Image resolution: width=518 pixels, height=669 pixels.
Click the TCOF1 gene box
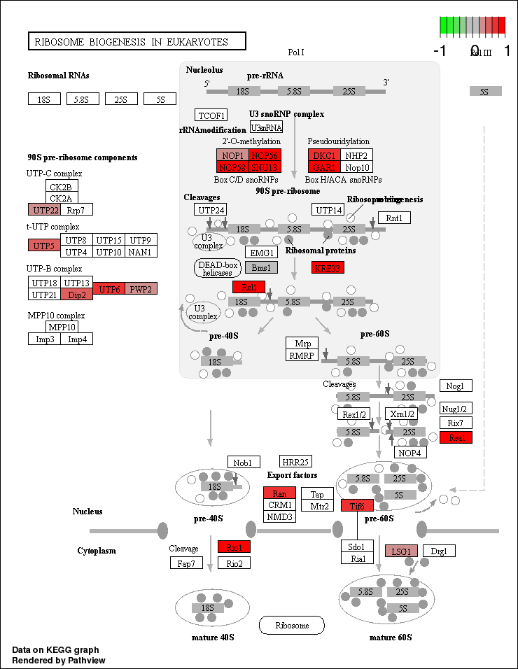(211, 115)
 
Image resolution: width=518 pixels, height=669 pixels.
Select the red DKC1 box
(324, 155)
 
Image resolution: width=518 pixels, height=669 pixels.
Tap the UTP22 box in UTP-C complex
(44, 209)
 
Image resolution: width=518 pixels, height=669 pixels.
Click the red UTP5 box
(44, 246)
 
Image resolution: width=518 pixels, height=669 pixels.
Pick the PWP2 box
(141, 288)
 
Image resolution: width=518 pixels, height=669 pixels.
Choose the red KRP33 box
(328, 267)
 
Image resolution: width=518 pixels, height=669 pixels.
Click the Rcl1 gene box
(248, 287)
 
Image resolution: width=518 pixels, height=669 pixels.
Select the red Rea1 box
(456, 437)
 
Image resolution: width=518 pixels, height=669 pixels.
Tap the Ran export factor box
(279, 493)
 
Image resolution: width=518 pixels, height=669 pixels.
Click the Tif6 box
(357, 505)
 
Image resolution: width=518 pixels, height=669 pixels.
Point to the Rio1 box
(234, 547)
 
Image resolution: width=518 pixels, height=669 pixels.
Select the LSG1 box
(401, 551)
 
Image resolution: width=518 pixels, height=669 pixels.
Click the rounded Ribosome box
(292, 625)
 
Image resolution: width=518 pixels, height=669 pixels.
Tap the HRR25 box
(295, 462)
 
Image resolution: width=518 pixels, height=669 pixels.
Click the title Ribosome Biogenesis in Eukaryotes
(136, 41)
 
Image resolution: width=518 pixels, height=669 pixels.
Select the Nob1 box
(244, 462)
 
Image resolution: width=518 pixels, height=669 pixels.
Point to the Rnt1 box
(394, 218)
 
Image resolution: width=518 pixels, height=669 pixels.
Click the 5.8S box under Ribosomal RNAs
(83, 99)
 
